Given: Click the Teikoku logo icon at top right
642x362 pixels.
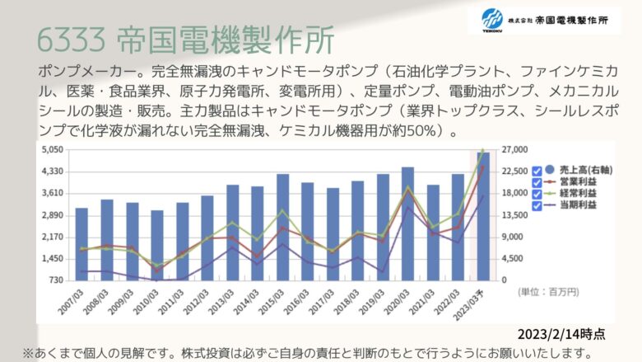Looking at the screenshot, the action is [x=491, y=20].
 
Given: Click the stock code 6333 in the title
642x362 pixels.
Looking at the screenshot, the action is [x=72, y=40].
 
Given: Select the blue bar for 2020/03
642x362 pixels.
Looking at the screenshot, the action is [x=407, y=223].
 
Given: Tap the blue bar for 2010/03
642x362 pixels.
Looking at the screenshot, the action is [x=157, y=246].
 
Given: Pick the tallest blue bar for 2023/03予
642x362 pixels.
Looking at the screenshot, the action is [x=483, y=217].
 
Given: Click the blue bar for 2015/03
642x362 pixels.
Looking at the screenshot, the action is [x=282, y=228].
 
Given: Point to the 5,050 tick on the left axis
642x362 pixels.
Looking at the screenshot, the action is [x=53, y=149].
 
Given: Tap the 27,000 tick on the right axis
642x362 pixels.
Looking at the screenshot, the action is [x=514, y=149].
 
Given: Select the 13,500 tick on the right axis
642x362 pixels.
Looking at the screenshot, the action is [x=514, y=215].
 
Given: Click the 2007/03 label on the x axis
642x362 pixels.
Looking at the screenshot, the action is [x=71, y=302].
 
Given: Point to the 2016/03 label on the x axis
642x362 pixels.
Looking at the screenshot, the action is [x=296, y=302].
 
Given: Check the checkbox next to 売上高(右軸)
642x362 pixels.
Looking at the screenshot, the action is [x=537, y=171].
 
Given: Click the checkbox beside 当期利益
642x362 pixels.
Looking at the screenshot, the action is [x=537, y=205].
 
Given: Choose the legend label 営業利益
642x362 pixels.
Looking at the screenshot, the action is [x=578, y=181].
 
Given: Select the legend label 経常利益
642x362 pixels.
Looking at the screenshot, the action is [x=578, y=193].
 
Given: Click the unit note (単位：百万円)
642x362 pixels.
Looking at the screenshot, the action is [x=548, y=292].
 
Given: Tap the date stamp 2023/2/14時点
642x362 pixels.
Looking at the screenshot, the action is [x=561, y=334].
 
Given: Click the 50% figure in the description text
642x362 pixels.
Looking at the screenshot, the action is [x=421, y=131].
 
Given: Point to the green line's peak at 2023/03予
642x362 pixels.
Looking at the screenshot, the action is [x=482, y=150].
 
